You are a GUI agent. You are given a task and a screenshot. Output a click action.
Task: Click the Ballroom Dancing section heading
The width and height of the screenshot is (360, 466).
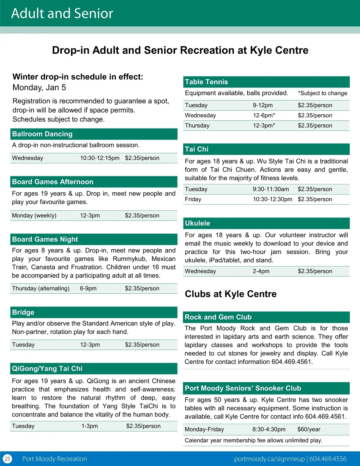(x=42, y=134)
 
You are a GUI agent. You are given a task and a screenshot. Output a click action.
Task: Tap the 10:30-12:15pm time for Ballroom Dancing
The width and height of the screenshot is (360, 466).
(x=100, y=158)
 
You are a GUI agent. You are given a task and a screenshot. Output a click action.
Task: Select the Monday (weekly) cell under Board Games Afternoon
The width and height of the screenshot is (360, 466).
(x=34, y=215)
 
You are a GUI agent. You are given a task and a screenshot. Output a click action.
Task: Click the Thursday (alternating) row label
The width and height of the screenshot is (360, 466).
(x=41, y=288)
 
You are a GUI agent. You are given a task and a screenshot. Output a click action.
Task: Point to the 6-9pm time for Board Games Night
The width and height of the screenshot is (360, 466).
(x=88, y=288)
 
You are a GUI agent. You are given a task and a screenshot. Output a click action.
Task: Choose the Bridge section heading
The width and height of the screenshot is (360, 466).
(x=23, y=312)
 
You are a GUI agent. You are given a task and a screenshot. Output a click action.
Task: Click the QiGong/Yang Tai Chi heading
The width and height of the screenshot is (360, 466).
(x=47, y=368)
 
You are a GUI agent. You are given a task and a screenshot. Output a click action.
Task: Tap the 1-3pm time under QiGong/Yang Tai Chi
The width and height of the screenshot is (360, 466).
(x=90, y=426)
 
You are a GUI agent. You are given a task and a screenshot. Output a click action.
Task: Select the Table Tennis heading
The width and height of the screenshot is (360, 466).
(x=206, y=82)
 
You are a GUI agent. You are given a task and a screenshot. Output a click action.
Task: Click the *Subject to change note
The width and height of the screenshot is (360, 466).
(x=322, y=93)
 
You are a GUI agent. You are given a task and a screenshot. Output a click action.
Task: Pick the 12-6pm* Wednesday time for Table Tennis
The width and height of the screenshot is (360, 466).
(x=264, y=116)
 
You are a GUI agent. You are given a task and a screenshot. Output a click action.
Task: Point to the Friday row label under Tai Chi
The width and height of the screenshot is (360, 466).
(x=193, y=199)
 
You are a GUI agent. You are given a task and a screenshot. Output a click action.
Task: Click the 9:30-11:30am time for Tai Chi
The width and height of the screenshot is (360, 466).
(x=271, y=189)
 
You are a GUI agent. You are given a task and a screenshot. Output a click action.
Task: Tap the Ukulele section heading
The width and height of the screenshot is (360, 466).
(x=197, y=223)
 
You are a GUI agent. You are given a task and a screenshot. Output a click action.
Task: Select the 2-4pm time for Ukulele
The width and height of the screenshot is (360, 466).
(x=261, y=271)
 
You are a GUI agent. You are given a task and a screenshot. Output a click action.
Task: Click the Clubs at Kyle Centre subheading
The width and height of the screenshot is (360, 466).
(x=231, y=294)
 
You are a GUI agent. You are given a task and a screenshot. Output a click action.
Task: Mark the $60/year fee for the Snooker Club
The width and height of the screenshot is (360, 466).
(x=309, y=429)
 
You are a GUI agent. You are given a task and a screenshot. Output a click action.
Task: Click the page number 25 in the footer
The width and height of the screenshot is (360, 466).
(x=7, y=459)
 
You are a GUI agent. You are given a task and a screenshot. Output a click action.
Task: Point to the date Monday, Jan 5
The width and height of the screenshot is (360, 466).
(x=39, y=88)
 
